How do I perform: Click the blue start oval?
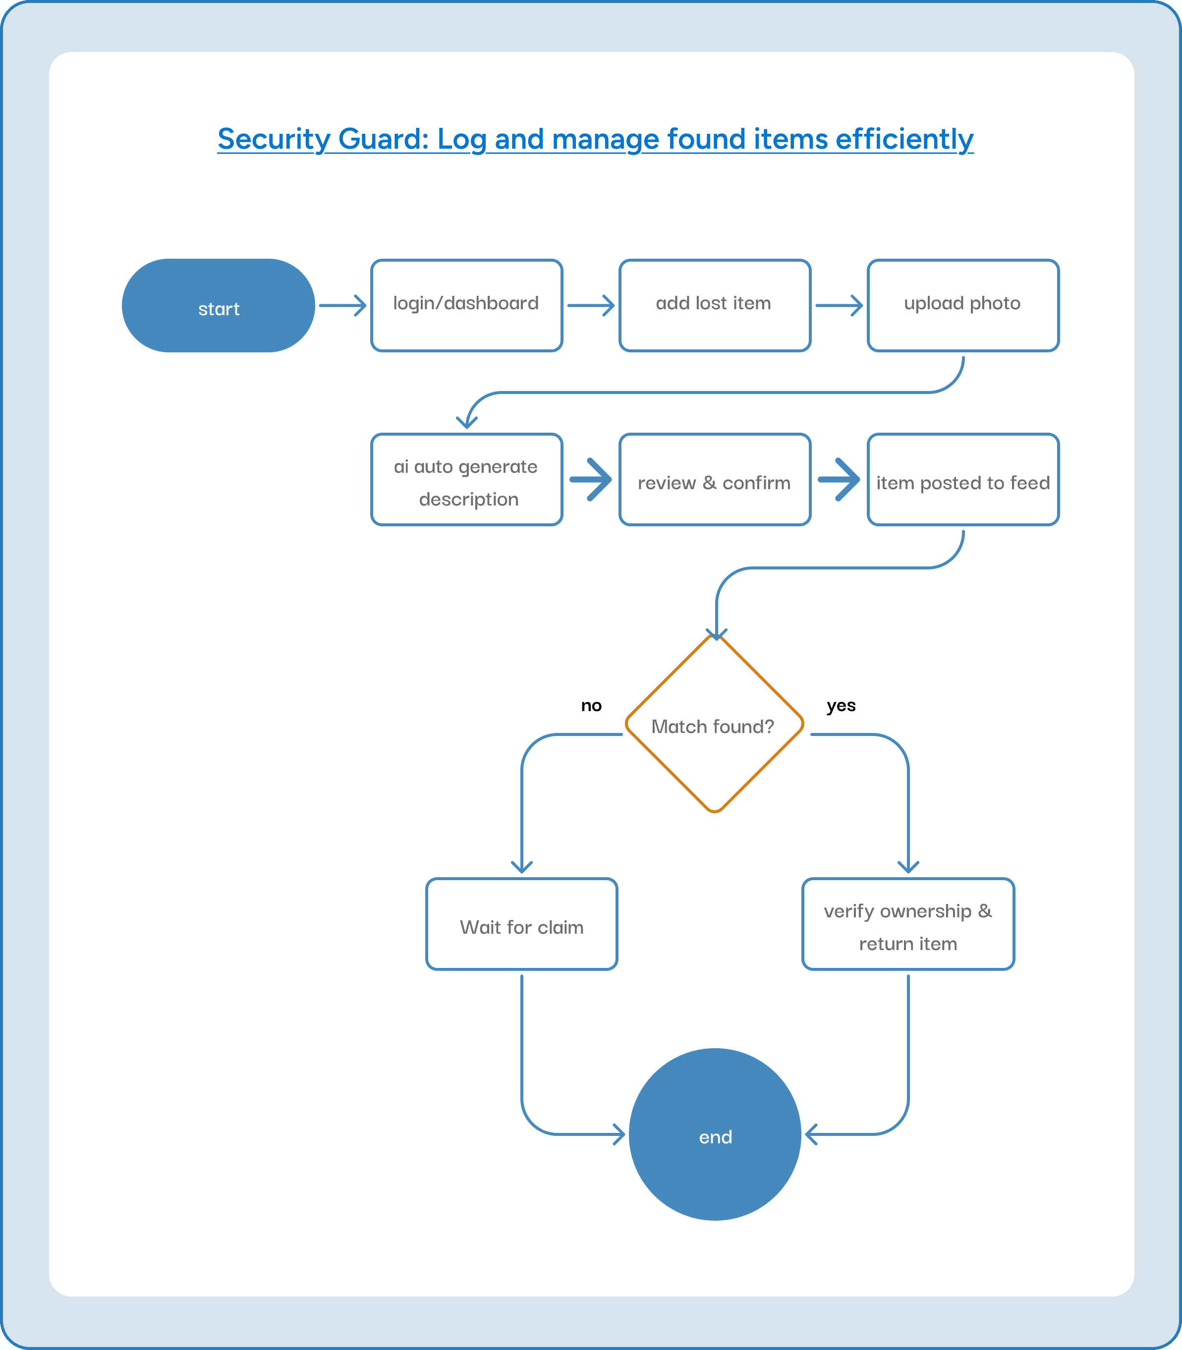pyautogui.click(x=219, y=305)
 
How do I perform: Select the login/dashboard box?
pyautogui.click(x=466, y=305)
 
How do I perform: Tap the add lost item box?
pyautogui.click(x=714, y=305)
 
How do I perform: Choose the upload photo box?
pyautogui.click(x=963, y=305)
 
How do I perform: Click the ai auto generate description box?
pyautogui.click(x=466, y=479)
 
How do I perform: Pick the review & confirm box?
pyautogui.click(x=714, y=479)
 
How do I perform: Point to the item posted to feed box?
pyautogui.click(x=963, y=479)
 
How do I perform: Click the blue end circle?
pyautogui.click(x=715, y=1134)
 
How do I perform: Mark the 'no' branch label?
pyautogui.click(x=591, y=706)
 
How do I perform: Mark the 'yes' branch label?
pyautogui.click(x=841, y=705)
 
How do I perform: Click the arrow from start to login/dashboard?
pyautogui.click(x=342, y=305)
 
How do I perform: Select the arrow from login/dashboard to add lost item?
pyautogui.click(x=590, y=305)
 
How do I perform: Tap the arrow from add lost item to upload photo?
pyautogui.click(x=839, y=305)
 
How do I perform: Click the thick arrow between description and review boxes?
pyautogui.click(x=590, y=479)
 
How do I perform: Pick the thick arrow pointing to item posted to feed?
pyautogui.click(x=839, y=479)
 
